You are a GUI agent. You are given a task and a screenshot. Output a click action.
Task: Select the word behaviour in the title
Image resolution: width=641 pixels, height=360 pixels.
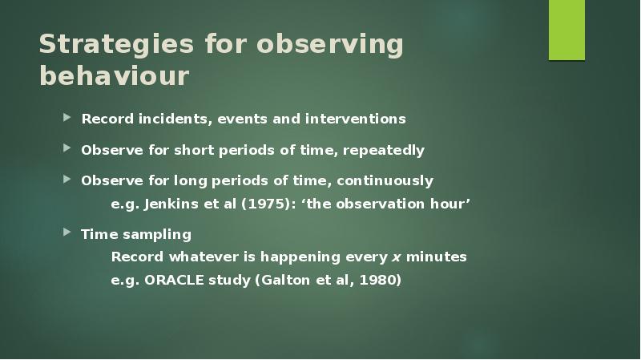(x=114, y=76)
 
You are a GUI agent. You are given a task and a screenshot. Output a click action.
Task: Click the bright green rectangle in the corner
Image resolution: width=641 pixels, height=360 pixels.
(x=566, y=30)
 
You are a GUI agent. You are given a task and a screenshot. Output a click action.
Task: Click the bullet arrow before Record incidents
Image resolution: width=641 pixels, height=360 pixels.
(x=68, y=118)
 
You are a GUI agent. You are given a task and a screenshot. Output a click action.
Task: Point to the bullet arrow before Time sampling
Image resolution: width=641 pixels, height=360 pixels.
(x=68, y=233)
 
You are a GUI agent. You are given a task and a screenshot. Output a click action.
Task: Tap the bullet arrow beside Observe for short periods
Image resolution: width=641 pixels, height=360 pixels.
(x=68, y=149)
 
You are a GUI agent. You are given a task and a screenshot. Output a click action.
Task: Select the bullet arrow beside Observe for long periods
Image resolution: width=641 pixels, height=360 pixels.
(x=68, y=180)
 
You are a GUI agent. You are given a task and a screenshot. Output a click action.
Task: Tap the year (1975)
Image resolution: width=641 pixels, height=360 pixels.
(x=268, y=204)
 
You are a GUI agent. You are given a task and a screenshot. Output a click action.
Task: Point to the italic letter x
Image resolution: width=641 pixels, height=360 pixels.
(x=395, y=257)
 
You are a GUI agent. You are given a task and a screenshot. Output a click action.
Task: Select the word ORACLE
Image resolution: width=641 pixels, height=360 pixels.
(x=175, y=281)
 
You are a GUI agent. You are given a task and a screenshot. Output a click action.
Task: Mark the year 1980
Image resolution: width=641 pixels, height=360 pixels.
(x=377, y=281)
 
